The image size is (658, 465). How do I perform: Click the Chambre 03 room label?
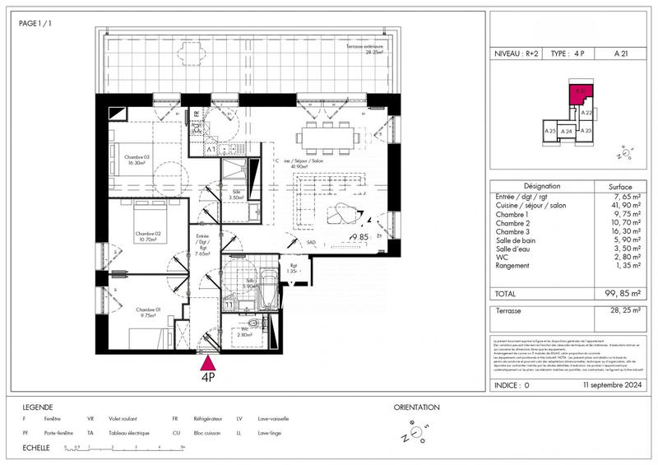point(136,160)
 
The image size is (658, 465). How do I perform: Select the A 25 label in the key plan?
point(549,131)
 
